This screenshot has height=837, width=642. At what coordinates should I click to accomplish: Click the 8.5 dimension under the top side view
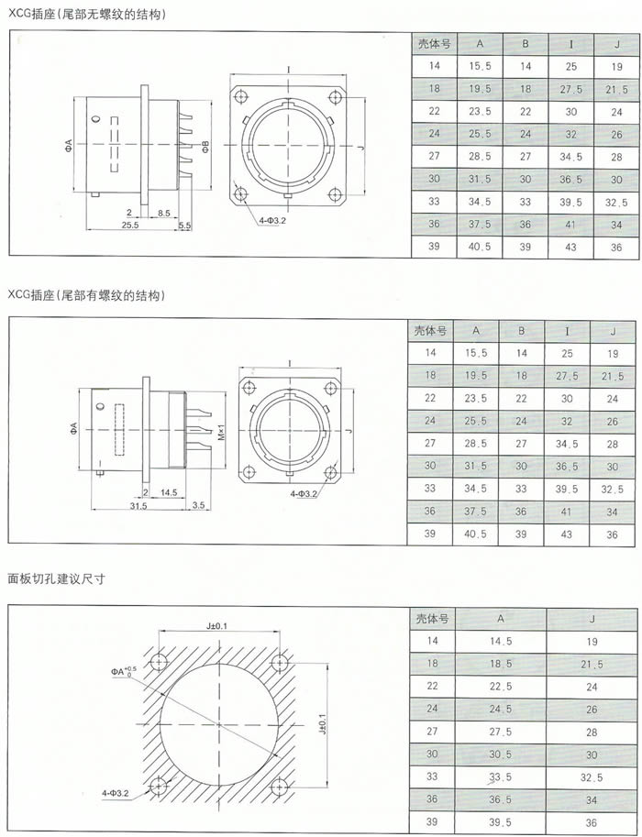pos(164,213)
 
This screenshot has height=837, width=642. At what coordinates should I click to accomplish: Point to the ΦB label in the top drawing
pos(205,145)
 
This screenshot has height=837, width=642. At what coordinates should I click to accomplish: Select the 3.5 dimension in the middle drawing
pos(198,504)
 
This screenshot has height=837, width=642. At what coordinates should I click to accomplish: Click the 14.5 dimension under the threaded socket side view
pos(168,492)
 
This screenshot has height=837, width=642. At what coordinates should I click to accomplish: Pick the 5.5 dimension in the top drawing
pos(184,226)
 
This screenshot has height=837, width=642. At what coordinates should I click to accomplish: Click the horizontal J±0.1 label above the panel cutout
pos(217,625)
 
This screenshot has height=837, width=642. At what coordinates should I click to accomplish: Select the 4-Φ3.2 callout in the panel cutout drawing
pos(116,793)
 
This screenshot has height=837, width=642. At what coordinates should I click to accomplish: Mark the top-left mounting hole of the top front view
pos(241,97)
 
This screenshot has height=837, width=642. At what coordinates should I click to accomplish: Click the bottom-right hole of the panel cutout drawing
pos(280,787)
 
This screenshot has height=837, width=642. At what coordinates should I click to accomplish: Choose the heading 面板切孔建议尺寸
pos(56,578)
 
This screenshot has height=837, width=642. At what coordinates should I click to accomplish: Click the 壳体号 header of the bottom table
pos(432,619)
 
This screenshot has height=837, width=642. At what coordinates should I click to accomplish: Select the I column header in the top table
pos(571,44)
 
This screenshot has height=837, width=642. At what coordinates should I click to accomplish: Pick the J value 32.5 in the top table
pos(616,203)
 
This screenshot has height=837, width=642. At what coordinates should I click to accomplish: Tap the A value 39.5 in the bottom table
pos(501,822)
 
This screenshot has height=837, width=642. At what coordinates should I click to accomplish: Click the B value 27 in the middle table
pos(521,443)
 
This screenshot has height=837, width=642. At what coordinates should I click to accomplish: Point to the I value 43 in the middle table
pos(567,534)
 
